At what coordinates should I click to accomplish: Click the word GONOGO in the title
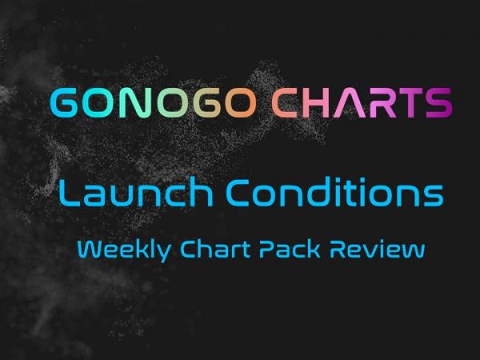154,102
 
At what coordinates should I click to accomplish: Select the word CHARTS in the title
362,102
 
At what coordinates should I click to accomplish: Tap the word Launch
136,192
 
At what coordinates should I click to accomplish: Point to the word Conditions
334,192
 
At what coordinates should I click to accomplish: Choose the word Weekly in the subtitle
124,250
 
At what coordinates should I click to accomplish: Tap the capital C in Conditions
238,192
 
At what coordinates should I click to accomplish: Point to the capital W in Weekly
91,249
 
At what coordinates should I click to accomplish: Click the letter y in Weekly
164,253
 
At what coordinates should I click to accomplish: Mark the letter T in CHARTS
409,102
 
